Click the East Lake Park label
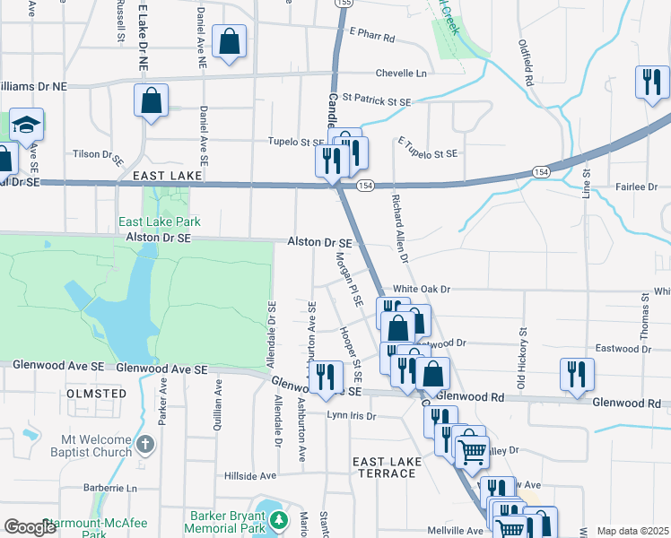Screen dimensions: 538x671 point(160,221)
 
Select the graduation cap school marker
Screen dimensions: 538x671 point(26,125)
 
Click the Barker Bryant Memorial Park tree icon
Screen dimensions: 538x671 point(280,519)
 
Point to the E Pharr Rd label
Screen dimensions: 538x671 point(372,37)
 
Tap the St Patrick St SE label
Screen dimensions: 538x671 point(376,101)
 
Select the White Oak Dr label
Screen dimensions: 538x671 point(421,290)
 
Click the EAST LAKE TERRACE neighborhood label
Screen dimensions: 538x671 point(386,467)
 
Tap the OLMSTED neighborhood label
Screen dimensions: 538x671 point(96,393)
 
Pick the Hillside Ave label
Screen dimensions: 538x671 point(250,476)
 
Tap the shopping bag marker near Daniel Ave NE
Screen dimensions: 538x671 point(229,41)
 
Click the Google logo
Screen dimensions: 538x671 point(30,527)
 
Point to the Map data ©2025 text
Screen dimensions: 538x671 point(632,531)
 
